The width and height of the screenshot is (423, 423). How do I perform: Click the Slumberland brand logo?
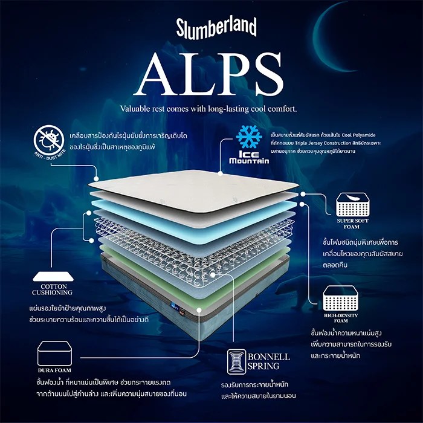pos(216,27)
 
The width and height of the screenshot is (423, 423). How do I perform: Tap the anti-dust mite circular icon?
pos(47,140)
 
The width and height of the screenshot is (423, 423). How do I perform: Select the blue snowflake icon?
pos(248,137)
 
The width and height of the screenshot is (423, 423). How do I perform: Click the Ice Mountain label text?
pos(248,157)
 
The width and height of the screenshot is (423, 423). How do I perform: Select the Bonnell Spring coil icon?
pos(237,362)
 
